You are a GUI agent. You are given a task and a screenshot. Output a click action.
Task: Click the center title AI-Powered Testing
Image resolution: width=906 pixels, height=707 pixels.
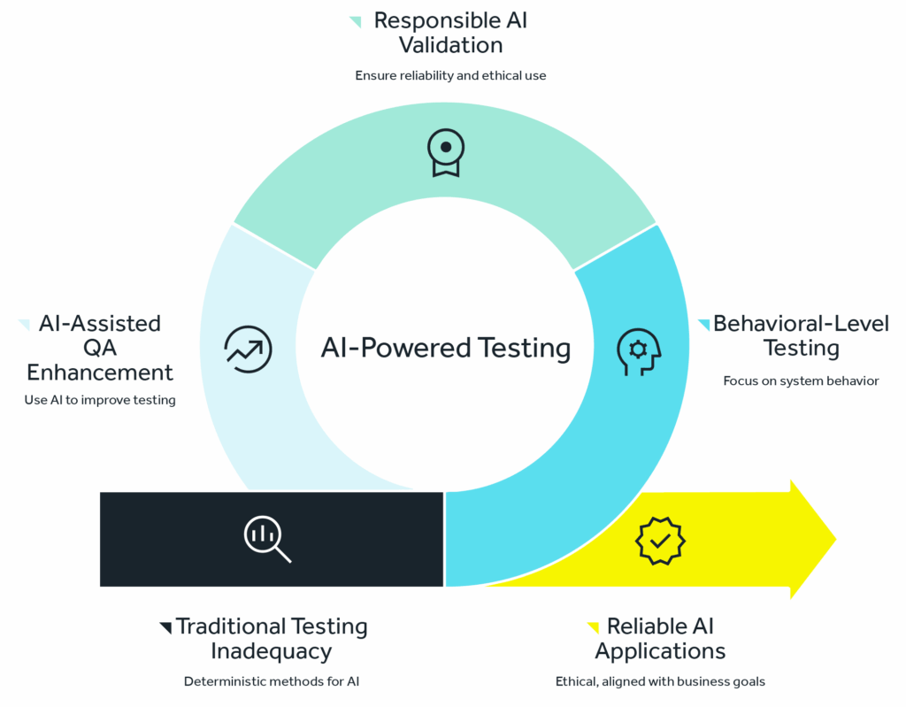click(445, 348)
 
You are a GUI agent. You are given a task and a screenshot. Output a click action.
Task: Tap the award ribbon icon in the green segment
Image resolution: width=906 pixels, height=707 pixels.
click(445, 152)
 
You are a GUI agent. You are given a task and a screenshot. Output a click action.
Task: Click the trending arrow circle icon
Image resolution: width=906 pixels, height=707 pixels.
click(249, 349)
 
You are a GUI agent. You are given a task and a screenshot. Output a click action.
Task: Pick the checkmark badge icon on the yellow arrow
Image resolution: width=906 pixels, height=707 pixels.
click(661, 540)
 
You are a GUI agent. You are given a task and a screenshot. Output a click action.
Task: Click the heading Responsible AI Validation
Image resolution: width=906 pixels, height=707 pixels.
click(450, 32)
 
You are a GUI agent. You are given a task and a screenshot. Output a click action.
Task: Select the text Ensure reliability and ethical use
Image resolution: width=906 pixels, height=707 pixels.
click(450, 75)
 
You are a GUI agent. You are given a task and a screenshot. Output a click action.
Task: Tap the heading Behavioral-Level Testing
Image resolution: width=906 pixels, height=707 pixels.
click(801, 335)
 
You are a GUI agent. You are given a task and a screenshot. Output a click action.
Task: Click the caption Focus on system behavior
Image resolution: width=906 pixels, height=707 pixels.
click(801, 380)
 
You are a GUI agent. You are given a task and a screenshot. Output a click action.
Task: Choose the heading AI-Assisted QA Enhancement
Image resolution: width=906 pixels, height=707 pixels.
click(100, 347)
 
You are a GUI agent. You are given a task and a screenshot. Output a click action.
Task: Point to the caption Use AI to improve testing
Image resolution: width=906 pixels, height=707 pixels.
click(100, 400)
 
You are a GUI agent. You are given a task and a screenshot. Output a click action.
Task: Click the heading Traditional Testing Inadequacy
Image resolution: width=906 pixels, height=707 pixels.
click(271, 639)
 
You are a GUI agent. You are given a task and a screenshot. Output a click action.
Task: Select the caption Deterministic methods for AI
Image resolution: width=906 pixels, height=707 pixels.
click(271, 681)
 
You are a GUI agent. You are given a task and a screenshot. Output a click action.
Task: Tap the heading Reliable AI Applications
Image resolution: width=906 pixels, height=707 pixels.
click(660, 639)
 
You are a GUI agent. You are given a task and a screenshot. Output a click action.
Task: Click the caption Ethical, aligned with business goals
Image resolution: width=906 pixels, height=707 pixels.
click(660, 681)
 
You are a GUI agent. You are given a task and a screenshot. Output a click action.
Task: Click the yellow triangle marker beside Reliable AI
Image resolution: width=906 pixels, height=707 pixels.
click(594, 627)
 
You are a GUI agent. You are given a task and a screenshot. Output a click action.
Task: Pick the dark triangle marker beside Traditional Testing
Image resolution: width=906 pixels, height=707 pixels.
click(165, 627)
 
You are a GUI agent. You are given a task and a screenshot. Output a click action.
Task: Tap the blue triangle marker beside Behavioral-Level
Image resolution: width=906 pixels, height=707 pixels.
click(704, 324)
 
